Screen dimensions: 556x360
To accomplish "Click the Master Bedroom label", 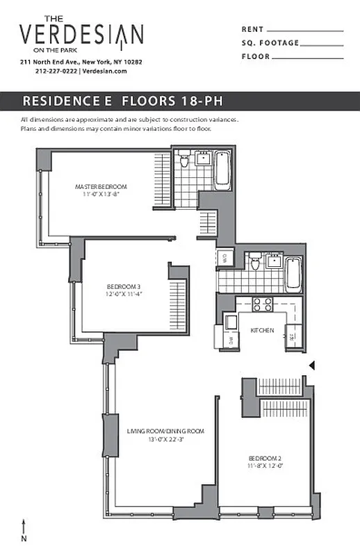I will point(101,186).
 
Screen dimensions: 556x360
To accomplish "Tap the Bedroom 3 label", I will point(124,286).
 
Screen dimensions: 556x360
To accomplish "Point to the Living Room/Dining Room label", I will point(165,432).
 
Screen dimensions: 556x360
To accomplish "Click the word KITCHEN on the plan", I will point(262,330).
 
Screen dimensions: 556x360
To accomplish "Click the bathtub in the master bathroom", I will point(223,169).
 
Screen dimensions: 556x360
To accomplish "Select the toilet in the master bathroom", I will point(184,161).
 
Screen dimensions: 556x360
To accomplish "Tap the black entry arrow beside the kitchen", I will point(312,365).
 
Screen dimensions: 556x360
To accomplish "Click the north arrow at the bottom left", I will point(24,525).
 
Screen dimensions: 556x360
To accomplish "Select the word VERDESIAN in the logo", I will point(81,35).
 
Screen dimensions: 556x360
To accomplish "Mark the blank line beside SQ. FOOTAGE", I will point(323,44).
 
